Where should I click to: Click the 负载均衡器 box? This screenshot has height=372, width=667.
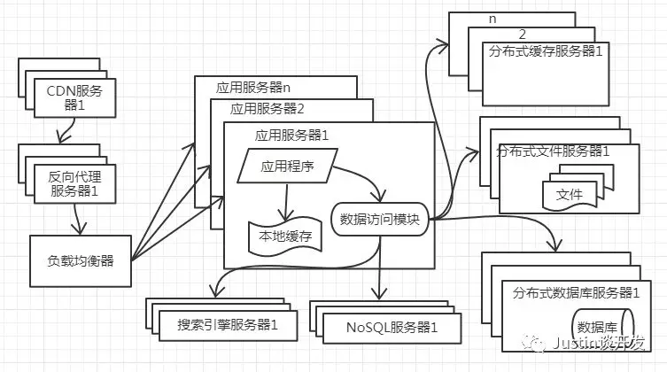coord(81,260)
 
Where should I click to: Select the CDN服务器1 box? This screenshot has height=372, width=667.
coord(75,97)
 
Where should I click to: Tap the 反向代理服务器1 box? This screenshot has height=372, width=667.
coord(75,183)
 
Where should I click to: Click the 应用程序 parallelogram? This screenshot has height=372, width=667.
coord(288,166)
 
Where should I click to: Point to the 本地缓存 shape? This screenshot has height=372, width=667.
coord(285,236)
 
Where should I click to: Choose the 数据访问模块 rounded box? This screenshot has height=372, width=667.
coord(379,220)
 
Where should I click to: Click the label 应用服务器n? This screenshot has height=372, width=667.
coord(253,88)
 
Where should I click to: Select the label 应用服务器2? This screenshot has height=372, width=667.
coord(268,109)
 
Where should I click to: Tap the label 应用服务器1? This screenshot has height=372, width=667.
coord(291,136)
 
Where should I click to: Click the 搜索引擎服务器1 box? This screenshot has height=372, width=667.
coord(228,326)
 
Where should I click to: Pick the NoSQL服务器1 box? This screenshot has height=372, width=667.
coord(392,328)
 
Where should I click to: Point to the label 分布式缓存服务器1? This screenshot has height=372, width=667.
coord(546,51)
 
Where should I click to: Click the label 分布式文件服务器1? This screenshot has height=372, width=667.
coord(553,151)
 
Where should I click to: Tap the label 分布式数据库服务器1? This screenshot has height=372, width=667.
coord(576,292)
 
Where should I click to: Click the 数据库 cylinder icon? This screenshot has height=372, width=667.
coord(602,328)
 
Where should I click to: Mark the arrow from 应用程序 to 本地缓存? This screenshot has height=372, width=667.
coord(286,202)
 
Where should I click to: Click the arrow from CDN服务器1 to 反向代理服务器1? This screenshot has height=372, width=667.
coord(68,130)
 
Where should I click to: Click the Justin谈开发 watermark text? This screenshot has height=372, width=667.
coord(598,343)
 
